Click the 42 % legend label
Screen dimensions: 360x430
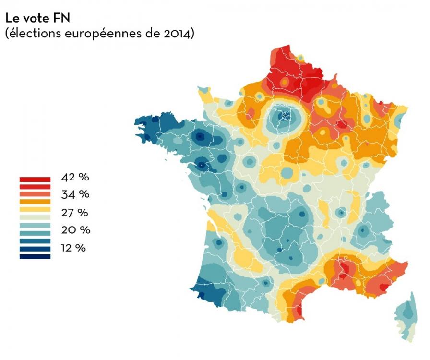[76, 177]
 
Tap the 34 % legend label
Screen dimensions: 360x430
[76, 194]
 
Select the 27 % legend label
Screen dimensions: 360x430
[76, 212]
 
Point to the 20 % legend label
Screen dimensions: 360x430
[76, 230]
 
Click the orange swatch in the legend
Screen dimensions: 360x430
[35, 202]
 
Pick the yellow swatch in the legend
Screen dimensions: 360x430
[35, 209]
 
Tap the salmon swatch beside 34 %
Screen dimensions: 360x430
[35, 194]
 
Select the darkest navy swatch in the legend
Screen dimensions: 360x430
[35, 257]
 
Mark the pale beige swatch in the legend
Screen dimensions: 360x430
[35, 217]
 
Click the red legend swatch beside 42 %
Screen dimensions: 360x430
[35, 179]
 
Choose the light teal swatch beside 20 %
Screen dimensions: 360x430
[35, 225]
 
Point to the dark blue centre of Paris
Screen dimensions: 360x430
[287, 116]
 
